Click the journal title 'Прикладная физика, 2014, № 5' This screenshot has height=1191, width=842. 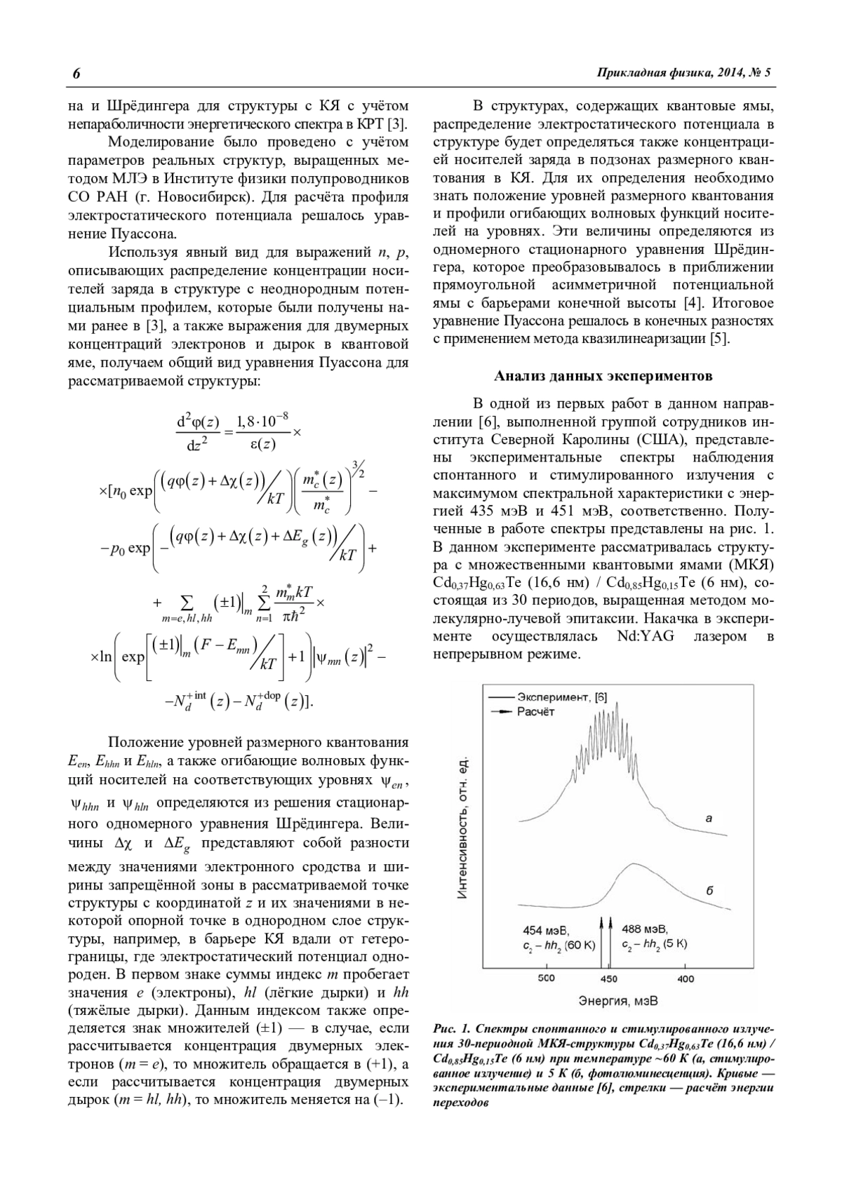click(683, 73)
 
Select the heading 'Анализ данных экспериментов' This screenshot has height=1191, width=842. click(603, 376)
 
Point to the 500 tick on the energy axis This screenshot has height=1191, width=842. click(545, 978)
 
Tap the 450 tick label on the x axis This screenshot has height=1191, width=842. click(608, 978)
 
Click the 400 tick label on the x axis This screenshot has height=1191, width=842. click(685, 978)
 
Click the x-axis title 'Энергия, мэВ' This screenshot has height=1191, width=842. click(618, 1000)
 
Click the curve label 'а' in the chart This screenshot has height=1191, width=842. click(708, 818)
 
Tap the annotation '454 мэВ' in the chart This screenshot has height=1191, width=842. click(542, 931)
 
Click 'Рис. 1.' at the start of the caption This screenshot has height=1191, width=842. click(452, 1029)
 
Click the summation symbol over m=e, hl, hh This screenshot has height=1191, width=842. click(186, 603)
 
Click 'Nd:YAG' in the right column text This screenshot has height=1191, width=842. click(644, 636)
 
